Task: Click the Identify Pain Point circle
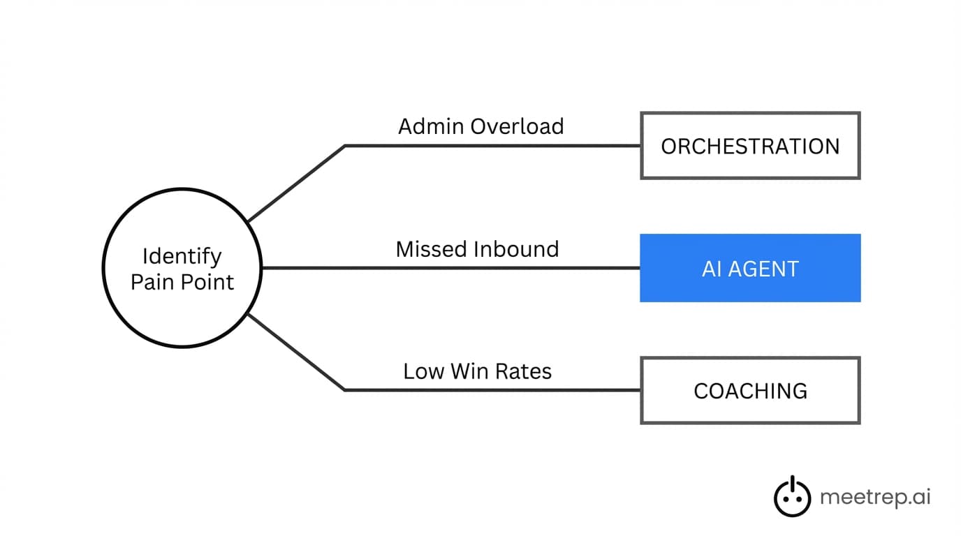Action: [x=182, y=268]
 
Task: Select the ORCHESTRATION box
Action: [x=750, y=146]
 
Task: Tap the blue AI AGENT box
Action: [x=750, y=269]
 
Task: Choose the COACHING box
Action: [x=750, y=391]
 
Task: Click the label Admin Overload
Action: [x=480, y=126]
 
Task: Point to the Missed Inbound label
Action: [x=477, y=249]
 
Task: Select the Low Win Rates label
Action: [x=477, y=371]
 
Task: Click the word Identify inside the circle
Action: [x=182, y=256]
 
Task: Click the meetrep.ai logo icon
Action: [x=792, y=496]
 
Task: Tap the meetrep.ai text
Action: [x=875, y=498]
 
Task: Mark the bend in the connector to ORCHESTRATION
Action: [x=345, y=146]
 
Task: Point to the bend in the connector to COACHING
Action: [x=345, y=390]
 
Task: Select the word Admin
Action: [x=430, y=126]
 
